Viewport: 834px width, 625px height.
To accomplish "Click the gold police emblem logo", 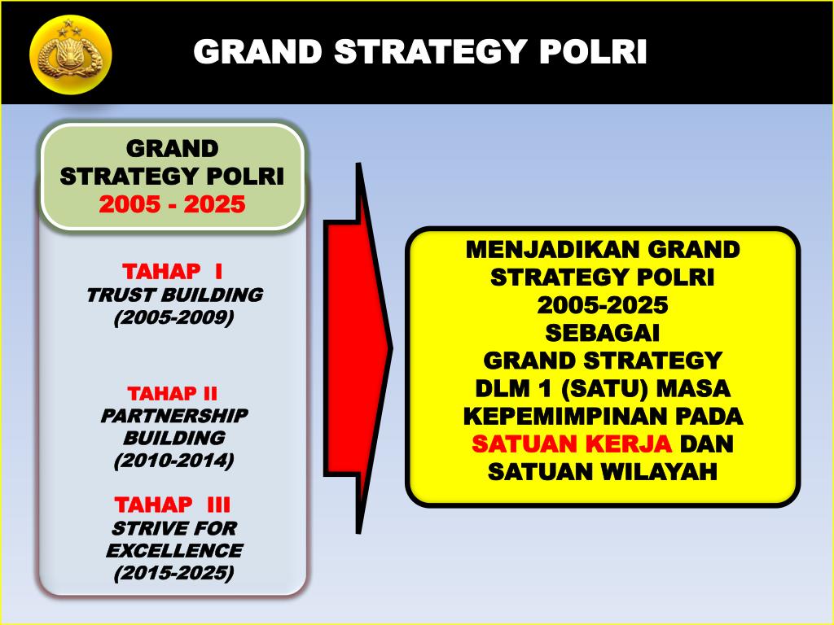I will (x=70, y=55).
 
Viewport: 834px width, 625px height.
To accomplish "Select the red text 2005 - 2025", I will (x=172, y=204).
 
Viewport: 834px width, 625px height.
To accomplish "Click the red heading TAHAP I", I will (x=172, y=270).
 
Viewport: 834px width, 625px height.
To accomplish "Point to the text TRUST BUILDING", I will (x=174, y=295).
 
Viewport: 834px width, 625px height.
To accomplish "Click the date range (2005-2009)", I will (x=173, y=317).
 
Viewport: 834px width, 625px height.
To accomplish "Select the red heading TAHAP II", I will (x=173, y=394).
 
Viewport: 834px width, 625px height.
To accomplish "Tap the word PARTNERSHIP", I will (x=174, y=416).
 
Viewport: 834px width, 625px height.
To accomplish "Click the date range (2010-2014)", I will (x=173, y=461).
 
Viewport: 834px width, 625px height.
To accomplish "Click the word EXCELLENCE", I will (x=173, y=550).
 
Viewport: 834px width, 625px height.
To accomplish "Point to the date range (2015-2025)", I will (x=173, y=573).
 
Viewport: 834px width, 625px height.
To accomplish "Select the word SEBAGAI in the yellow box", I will (x=603, y=333).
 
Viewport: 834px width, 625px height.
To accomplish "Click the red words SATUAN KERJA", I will (x=573, y=444).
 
